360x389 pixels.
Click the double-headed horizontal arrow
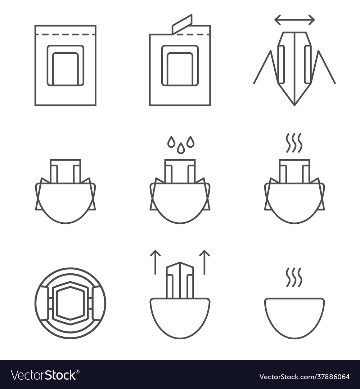(294, 20)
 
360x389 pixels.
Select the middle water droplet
(180, 148)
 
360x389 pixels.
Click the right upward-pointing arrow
(204, 262)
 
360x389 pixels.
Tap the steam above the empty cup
(294, 277)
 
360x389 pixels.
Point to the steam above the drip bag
(294, 143)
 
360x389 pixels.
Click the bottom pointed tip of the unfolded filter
(294, 106)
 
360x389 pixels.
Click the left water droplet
(171, 142)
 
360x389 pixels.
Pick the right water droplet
(190, 142)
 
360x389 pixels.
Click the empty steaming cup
(294, 318)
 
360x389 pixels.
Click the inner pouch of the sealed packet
(66, 66)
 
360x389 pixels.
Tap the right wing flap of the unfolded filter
(322, 67)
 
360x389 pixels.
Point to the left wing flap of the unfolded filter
(266, 67)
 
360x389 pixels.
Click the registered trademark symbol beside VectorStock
(78, 371)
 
